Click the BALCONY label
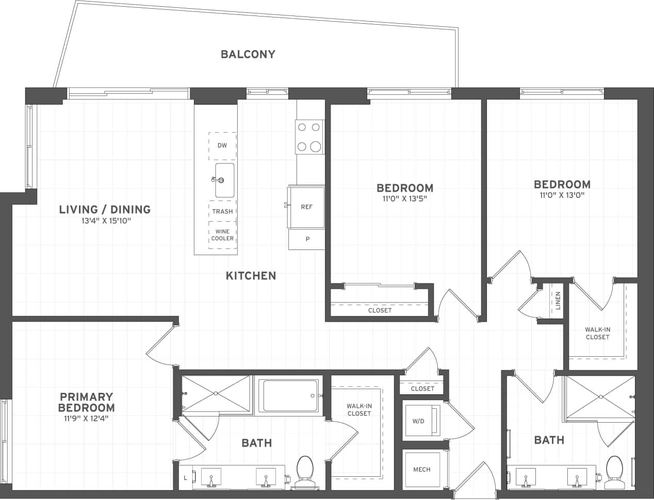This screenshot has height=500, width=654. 248,54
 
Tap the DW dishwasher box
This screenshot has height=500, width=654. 222,146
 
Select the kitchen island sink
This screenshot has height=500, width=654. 224,180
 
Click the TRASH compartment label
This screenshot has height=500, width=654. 222,211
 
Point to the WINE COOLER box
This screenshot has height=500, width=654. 222,235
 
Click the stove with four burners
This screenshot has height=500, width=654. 309,137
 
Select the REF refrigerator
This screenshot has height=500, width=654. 306,207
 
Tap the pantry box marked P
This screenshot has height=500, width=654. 307,239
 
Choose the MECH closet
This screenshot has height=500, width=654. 422,470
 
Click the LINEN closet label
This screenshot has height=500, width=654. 558,301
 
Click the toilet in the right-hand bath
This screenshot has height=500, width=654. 614,469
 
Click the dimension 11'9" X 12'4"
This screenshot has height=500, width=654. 86,418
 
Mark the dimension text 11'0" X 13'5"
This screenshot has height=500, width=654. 404,198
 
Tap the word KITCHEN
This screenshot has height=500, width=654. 251,276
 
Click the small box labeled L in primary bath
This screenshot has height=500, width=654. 186,478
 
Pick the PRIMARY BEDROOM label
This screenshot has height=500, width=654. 86,402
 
